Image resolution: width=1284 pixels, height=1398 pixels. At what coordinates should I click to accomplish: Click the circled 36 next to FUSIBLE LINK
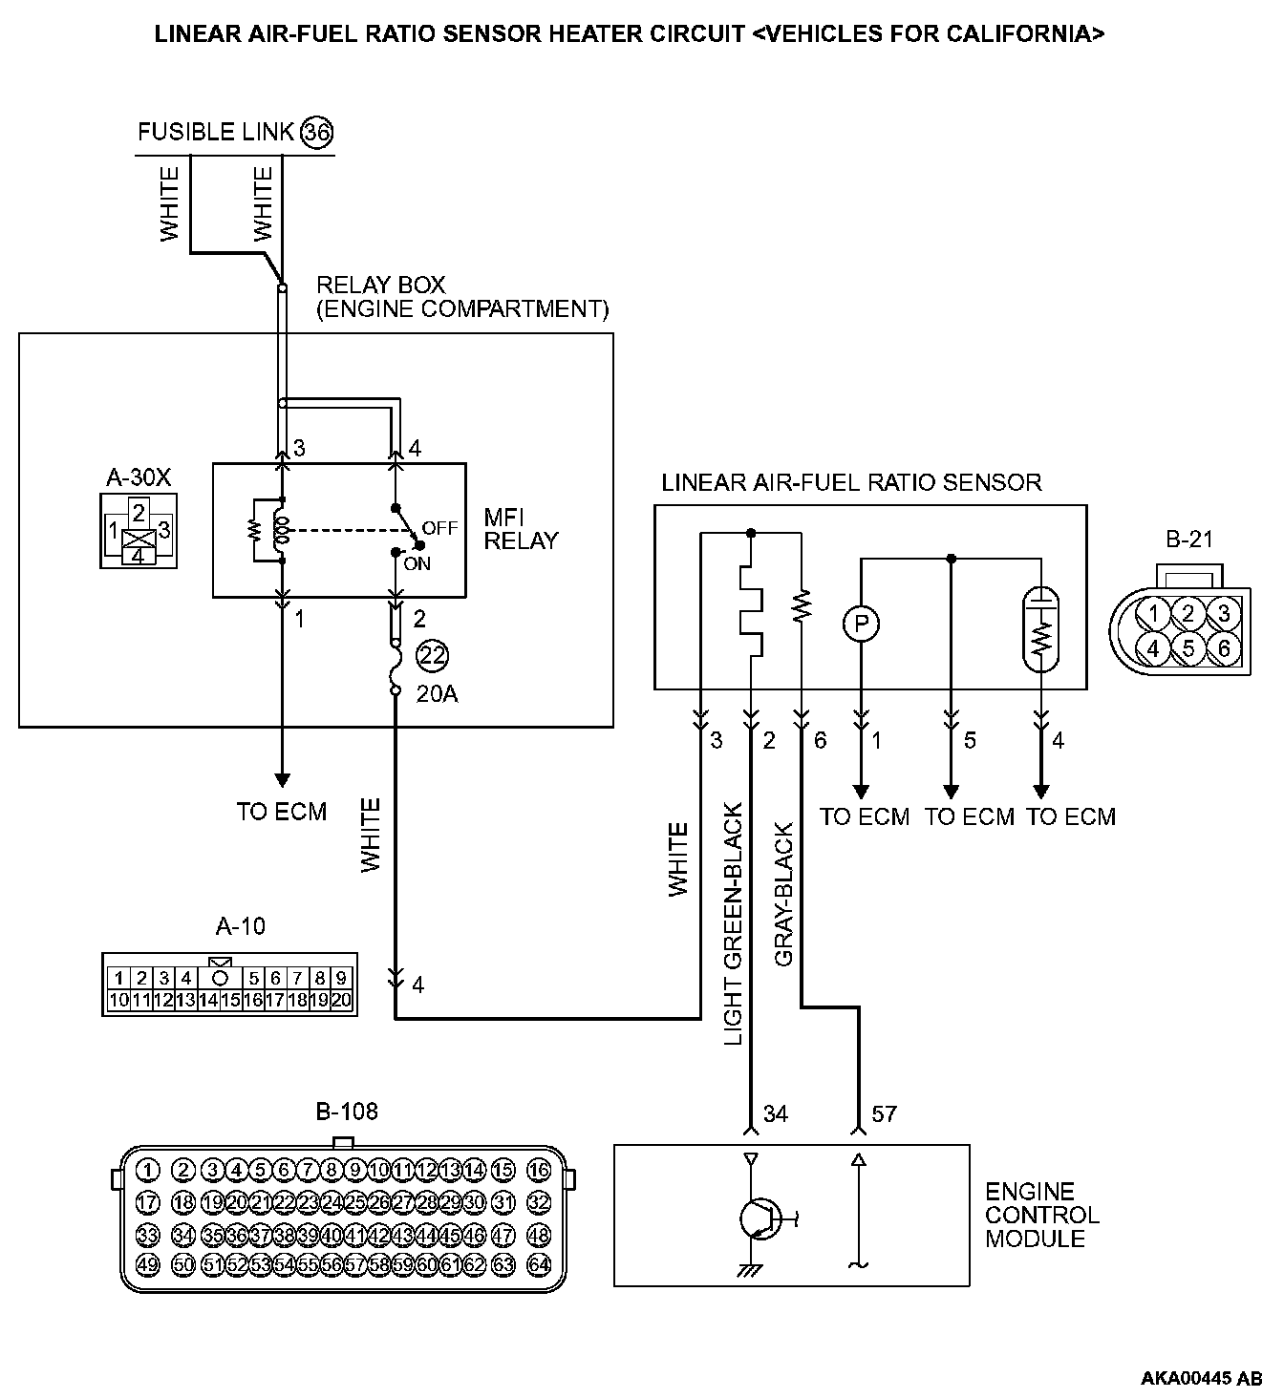[316, 132]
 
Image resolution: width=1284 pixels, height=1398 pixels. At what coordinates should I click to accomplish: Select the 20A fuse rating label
[437, 694]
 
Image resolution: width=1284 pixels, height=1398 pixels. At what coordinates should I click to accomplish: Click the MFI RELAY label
[521, 529]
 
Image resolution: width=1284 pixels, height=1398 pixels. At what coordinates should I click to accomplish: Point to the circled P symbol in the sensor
[861, 624]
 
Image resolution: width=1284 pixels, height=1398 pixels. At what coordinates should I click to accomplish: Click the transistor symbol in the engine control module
[760, 1218]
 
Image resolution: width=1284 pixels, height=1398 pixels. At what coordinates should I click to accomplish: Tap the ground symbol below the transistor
[749, 1271]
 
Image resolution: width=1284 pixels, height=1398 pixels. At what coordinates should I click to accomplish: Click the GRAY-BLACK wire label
[783, 895]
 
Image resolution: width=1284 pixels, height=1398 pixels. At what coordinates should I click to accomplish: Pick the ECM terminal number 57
[884, 1113]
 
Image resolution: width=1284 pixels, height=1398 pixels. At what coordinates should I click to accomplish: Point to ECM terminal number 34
[776, 1113]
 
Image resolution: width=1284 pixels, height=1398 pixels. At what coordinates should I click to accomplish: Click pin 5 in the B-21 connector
[1188, 648]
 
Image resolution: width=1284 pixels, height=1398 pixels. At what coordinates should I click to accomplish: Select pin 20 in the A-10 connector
[341, 1001]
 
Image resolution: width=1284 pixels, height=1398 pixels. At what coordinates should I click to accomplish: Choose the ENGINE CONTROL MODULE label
[1041, 1216]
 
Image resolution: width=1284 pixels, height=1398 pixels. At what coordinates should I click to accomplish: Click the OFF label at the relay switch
[440, 528]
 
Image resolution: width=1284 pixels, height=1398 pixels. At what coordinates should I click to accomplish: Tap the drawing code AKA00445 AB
[1201, 1378]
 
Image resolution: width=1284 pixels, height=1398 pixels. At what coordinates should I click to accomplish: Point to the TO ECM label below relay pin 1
[282, 812]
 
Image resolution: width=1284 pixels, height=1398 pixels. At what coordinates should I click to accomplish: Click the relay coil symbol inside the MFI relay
[280, 531]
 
